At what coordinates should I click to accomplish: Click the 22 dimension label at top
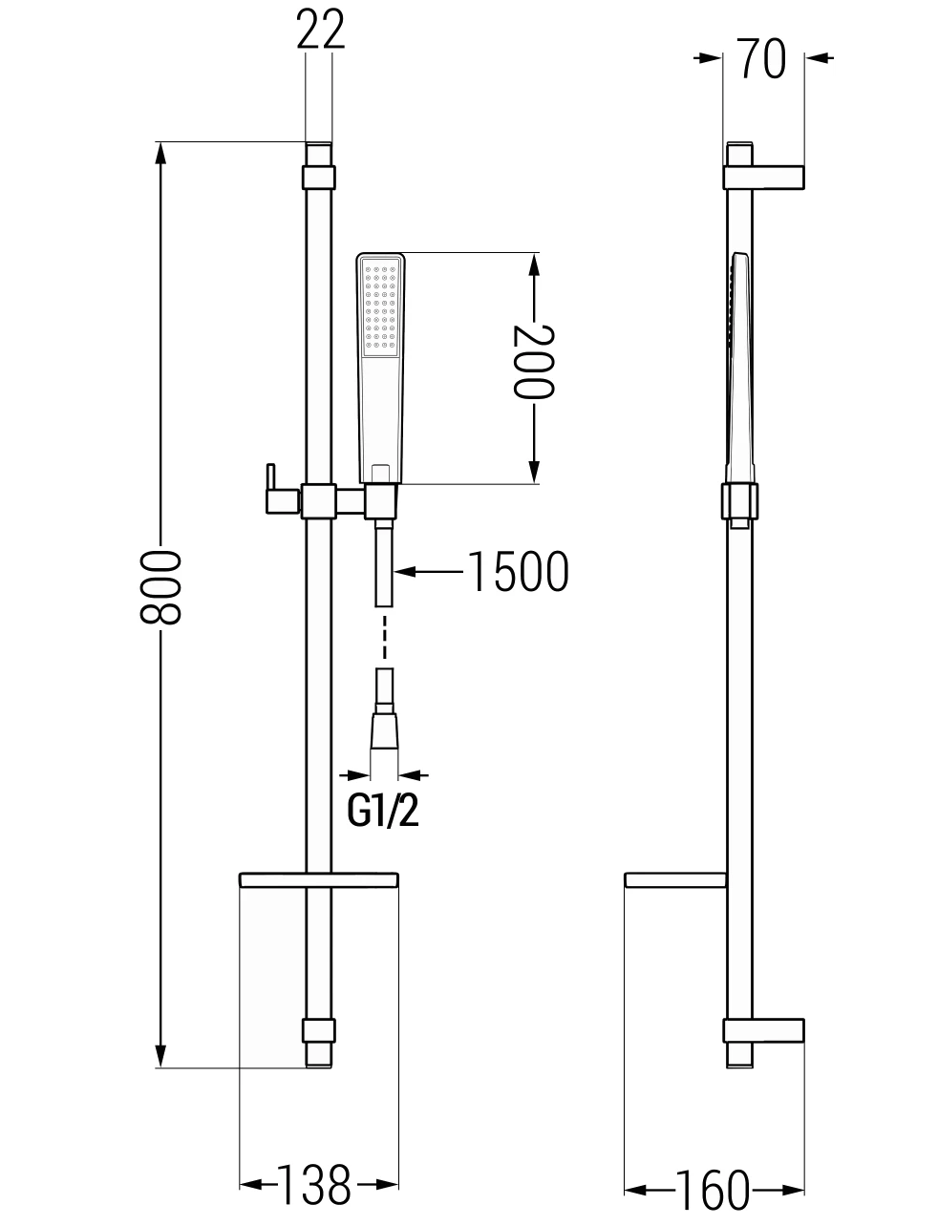pyautogui.click(x=320, y=30)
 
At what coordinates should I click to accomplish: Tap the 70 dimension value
pyautogui.click(x=761, y=58)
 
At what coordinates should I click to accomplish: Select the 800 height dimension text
pyautogui.click(x=160, y=586)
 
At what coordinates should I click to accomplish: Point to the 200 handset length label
pyautogui.click(x=534, y=362)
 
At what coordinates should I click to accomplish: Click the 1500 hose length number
pyautogui.click(x=518, y=571)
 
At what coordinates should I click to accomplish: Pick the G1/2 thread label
pyautogui.click(x=383, y=812)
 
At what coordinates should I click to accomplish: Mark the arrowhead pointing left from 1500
pyautogui.click(x=404, y=571)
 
